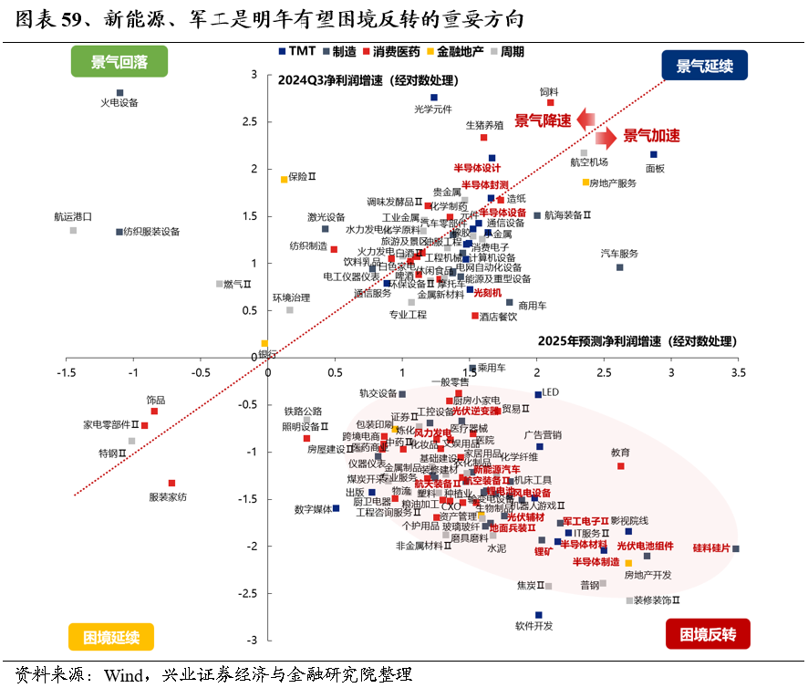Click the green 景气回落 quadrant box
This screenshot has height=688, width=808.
pyautogui.click(x=119, y=62)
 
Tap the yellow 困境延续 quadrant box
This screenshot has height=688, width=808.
pyautogui.click(x=111, y=636)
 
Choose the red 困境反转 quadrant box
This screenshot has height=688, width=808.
pyautogui.click(x=708, y=633)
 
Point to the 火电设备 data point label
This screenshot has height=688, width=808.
pyautogui.click(x=119, y=103)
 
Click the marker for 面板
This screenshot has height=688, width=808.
pyautogui.click(x=654, y=155)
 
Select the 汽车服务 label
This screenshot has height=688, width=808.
pyautogui.click(x=619, y=253)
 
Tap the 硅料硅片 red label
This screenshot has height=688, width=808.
pyautogui.click(x=710, y=548)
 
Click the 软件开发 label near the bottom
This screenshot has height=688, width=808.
pyautogui.click(x=534, y=626)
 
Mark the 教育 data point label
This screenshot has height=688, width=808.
pyautogui.click(x=620, y=453)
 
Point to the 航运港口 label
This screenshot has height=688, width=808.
pyautogui.click(x=73, y=217)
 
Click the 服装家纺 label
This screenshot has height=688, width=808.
pyautogui.click(x=168, y=496)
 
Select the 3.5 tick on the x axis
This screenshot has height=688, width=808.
pyautogui.click(x=737, y=372)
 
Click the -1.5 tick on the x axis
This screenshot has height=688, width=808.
pyautogui.click(x=67, y=372)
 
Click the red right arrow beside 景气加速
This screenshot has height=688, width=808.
pyautogui.click(x=606, y=137)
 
